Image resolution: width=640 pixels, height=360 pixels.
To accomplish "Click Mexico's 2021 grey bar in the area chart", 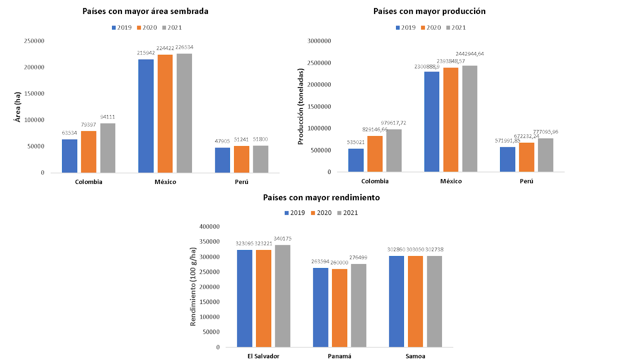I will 184,113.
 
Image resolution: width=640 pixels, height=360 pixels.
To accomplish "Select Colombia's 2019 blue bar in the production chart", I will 356,160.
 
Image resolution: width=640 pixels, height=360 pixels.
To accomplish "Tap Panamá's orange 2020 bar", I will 340,308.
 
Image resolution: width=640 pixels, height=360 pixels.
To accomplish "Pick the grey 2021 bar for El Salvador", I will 282,296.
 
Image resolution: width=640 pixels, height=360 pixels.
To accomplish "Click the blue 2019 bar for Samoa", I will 396,302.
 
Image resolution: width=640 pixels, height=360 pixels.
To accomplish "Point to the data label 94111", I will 108,117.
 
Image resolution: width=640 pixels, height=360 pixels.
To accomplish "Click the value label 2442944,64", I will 470,54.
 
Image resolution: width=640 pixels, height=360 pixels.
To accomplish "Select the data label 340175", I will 282,239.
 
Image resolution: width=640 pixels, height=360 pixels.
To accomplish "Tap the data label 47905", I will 222,141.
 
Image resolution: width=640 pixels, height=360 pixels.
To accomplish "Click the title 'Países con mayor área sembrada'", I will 145,11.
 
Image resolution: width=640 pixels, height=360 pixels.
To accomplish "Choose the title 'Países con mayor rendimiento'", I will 321,198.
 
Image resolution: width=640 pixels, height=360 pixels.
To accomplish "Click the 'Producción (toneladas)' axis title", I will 301,106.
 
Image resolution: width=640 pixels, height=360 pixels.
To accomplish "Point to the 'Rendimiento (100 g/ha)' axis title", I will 193,287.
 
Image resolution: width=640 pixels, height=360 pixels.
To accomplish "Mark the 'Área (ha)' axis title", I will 18,107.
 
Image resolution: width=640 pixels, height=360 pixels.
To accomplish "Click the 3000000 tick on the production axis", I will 319,41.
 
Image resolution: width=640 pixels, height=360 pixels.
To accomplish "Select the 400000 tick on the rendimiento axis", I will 209,226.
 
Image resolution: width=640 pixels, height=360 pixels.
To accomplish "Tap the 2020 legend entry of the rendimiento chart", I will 321,213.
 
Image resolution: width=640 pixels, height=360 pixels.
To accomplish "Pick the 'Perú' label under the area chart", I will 242,182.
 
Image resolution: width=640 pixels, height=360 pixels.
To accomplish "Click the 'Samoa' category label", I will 415,356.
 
